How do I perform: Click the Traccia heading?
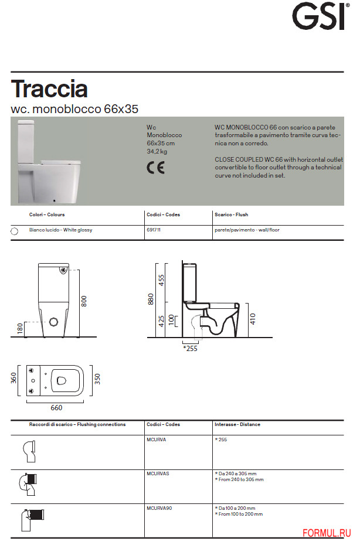(x=49, y=89)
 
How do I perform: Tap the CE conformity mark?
(x=155, y=167)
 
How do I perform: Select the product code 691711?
(x=154, y=230)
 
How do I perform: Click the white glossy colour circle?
(x=15, y=231)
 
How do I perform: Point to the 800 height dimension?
(x=84, y=301)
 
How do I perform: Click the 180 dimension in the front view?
(x=20, y=329)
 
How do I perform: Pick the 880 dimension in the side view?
(x=151, y=299)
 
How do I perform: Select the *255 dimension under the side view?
(x=191, y=348)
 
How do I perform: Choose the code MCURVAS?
(x=158, y=474)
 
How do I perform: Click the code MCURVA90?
(x=159, y=508)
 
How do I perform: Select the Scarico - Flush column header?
(x=231, y=214)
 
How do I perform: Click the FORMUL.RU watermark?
(x=327, y=532)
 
